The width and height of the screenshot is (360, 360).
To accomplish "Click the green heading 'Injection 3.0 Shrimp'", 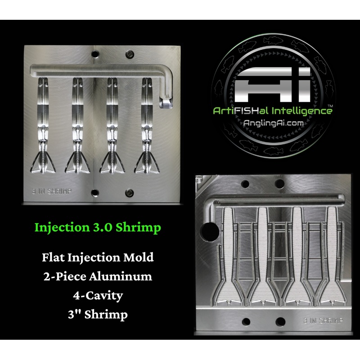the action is coord(98,228).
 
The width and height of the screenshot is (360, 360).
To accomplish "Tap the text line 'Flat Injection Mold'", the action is coord(98,257).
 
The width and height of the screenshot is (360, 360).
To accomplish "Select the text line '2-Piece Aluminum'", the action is coord(98,276).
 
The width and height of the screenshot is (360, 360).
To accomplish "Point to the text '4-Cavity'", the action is coord(98,296).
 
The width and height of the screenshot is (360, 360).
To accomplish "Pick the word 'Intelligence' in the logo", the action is coord(302,111).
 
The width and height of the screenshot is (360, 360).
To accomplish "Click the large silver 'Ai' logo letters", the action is coord(273,85).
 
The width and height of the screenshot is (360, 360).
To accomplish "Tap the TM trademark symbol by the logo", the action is coord(330,106).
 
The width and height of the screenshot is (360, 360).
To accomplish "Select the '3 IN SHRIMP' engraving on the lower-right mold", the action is coord(323,320).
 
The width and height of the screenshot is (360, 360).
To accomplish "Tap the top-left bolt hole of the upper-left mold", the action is coord(95,54).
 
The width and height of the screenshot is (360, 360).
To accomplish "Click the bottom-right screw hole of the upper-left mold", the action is coord(130,193).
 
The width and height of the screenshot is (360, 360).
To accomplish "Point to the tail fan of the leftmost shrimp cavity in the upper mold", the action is coord(43,162).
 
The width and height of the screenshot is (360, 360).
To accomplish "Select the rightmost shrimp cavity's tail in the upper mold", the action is coord(147,162).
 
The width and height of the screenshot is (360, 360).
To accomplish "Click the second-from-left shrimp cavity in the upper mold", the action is coord(77,126).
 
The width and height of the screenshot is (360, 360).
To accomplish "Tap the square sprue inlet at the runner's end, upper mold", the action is coord(165,103).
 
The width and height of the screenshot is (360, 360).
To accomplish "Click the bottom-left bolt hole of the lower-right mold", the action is coord(246,321).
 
